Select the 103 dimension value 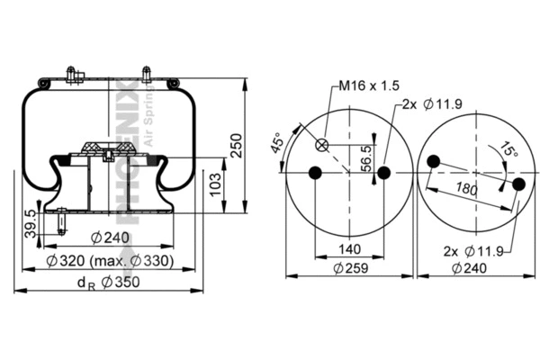point(215,185)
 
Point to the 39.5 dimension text point(31,223)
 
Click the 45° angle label point(277,143)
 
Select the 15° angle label point(510,152)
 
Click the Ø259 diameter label point(348,267)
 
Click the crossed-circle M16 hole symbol point(322,146)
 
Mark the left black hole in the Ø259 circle point(314,173)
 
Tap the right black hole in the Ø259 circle point(383,173)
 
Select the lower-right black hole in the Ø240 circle point(517,184)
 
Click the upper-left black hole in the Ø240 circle point(434,162)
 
